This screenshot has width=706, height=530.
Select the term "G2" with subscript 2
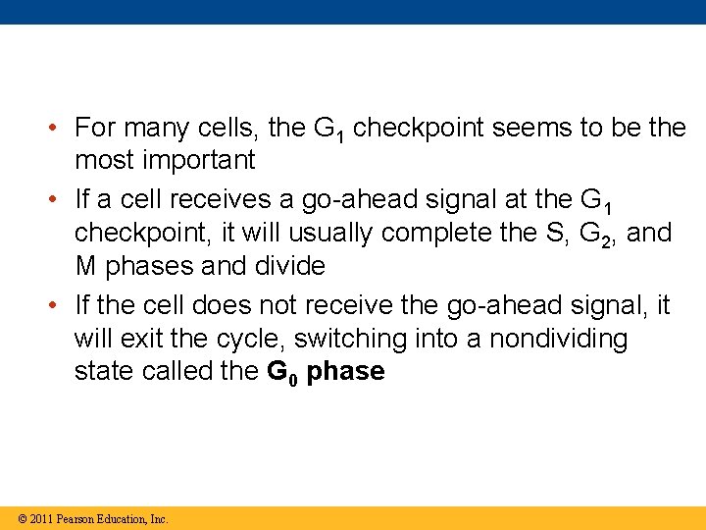[x=597, y=234]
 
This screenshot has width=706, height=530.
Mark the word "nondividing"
[x=559, y=339]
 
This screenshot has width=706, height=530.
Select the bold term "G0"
[x=282, y=373]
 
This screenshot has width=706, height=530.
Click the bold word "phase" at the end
[x=345, y=373]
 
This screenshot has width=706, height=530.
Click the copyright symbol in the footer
[x=23, y=519]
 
